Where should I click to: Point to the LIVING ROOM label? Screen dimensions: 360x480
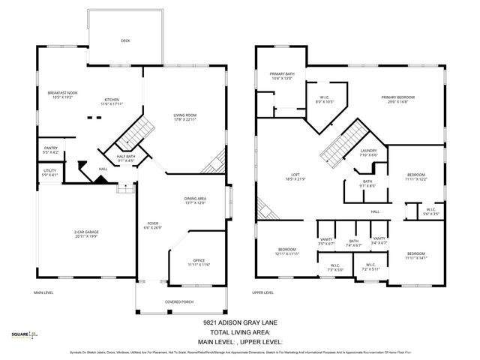pos(184,114)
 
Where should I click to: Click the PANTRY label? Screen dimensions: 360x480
pos(51,148)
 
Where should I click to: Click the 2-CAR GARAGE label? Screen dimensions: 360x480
pos(86,233)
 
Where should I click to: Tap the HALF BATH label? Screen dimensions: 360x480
pos(126,157)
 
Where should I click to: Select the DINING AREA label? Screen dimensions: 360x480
pos(195,199)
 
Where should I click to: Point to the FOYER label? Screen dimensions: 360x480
pos(152,223)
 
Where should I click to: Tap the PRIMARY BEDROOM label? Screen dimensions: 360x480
pos(397,97)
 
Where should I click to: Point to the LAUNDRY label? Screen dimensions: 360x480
pos(368,151)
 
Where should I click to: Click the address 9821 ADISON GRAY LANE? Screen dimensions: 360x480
pos(240,323)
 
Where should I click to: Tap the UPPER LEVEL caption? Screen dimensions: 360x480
pos(262,293)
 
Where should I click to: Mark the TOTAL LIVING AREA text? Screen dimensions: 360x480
pos(240,332)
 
